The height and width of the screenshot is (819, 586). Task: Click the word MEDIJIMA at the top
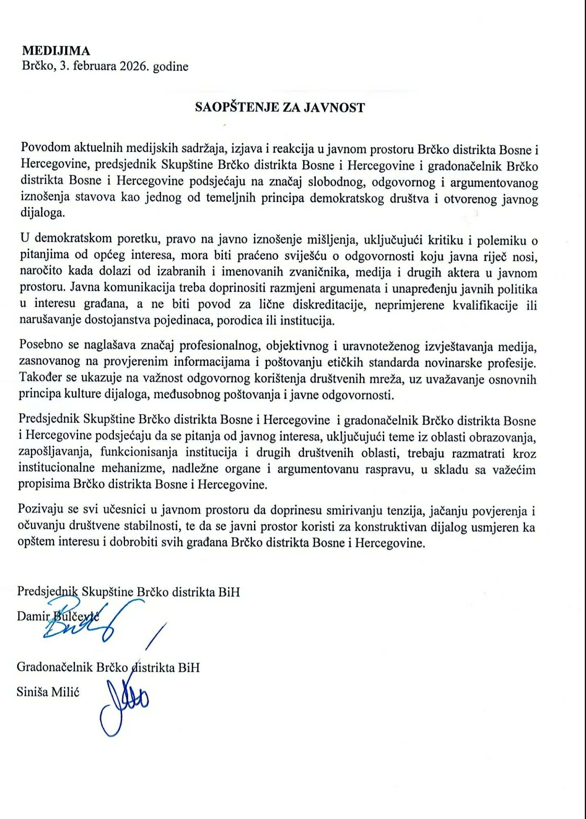[x=56, y=51]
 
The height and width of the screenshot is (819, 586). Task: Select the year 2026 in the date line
[x=134, y=66]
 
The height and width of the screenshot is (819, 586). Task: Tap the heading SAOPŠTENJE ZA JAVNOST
[x=280, y=107]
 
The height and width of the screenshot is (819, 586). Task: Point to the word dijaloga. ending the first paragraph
[x=42, y=213]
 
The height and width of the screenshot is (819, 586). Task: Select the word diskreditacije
[x=328, y=305]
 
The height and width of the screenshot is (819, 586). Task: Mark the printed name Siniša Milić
[x=48, y=692]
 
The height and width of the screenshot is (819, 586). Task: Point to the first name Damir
[x=33, y=616]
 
